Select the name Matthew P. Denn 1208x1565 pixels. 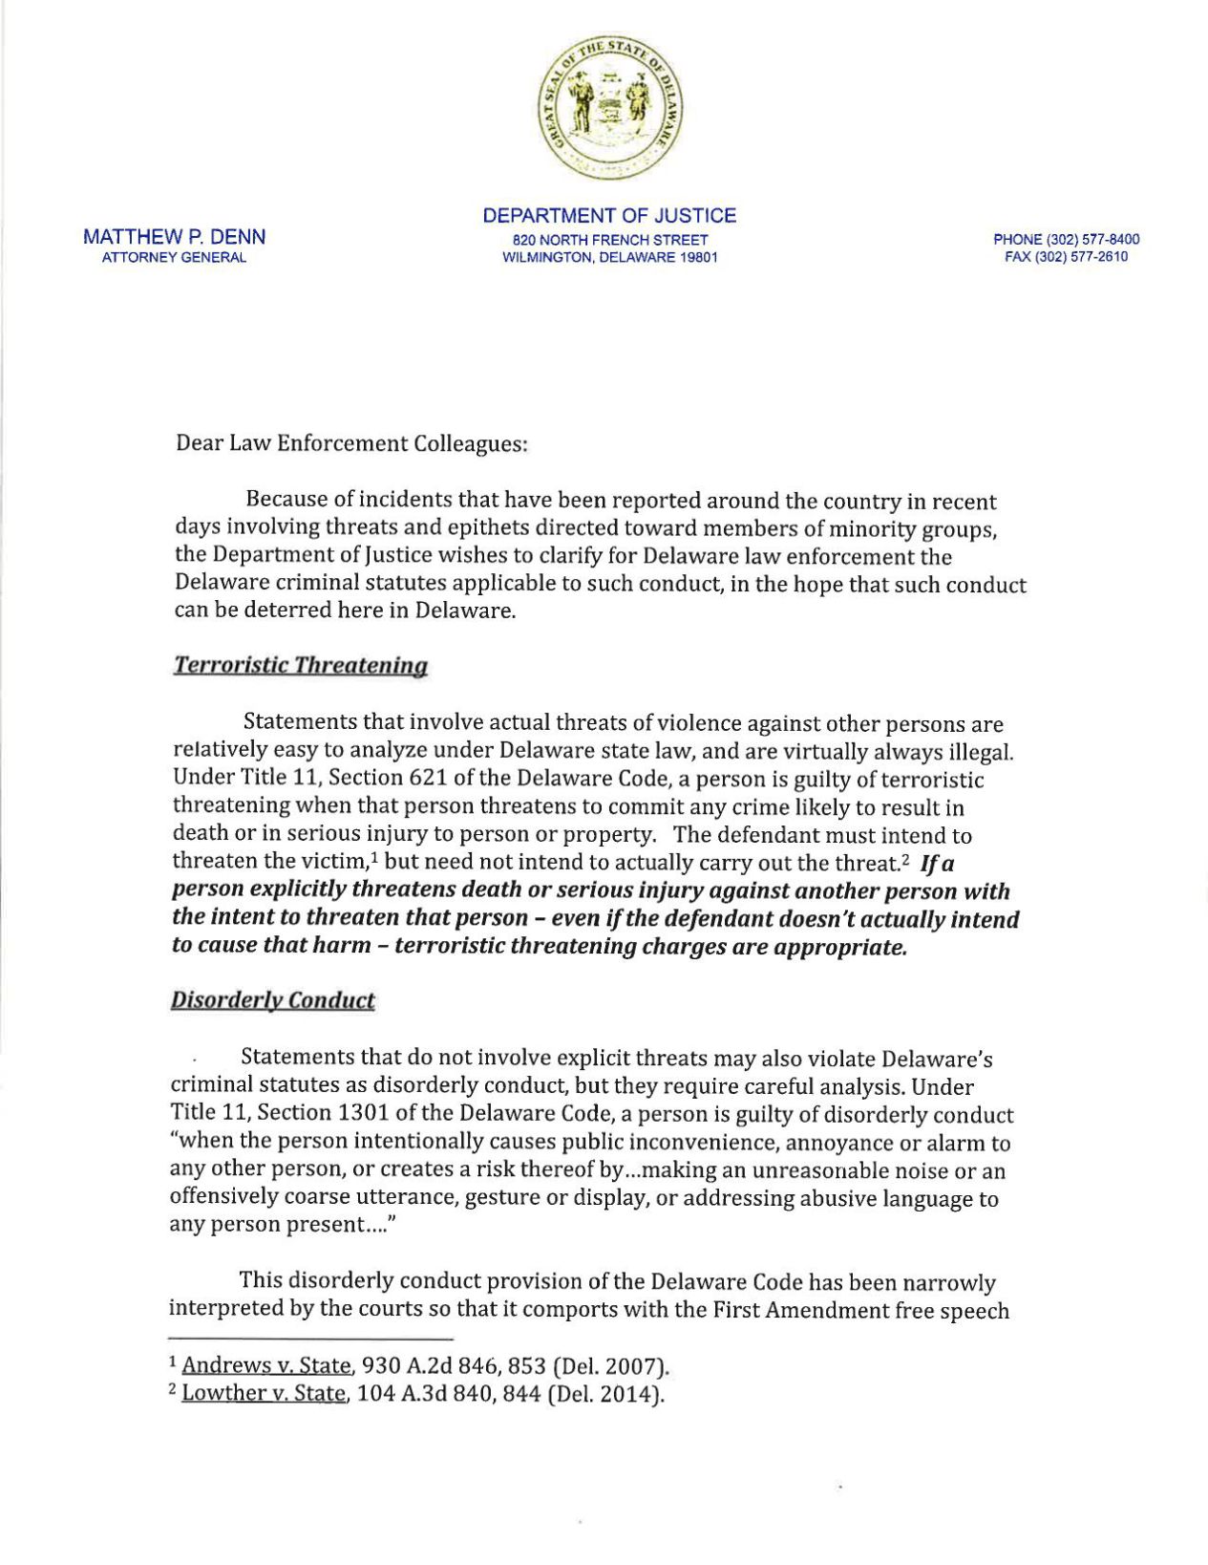click(x=175, y=237)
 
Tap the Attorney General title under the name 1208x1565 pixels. click(x=175, y=257)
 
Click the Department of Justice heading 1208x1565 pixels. click(x=609, y=216)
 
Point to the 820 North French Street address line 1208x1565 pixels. click(x=610, y=240)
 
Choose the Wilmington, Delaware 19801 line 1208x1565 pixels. click(x=610, y=257)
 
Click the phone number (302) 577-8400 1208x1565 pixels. click(x=1066, y=240)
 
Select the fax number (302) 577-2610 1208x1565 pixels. click(x=1066, y=257)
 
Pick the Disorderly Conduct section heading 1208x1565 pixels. click(x=272, y=1000)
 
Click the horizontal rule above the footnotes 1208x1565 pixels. click(x=309, y=1339)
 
